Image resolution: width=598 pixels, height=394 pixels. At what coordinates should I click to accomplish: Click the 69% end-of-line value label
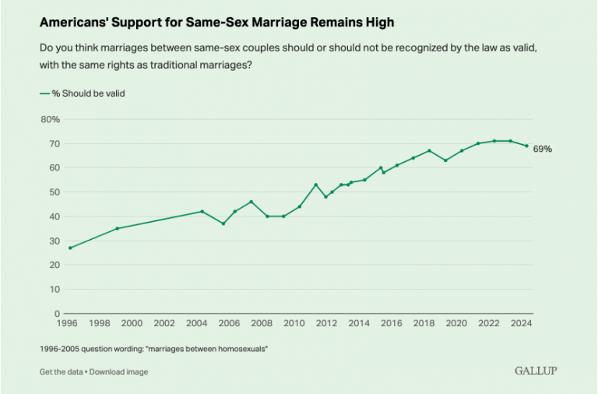click(x=543, y=148)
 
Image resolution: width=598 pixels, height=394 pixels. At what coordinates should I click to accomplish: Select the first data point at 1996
click(x=69, y=248)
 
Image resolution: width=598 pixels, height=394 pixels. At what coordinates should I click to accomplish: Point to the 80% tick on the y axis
click(x=50, y=119)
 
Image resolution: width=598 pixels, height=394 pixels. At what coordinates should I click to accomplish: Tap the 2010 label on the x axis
click(x=294, y=323)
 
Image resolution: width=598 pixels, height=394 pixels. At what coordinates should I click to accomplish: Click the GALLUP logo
click(x=536, y=371)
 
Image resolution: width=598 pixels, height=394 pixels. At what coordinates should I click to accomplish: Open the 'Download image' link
click(x=118, y=371)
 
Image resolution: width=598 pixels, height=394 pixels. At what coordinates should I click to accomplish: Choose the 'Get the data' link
click(x=62, y=371)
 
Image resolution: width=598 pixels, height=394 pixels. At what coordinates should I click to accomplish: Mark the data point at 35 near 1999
click(x=117, y=228)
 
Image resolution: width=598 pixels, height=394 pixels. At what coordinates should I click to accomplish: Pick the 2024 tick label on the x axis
click(x=521, y=323)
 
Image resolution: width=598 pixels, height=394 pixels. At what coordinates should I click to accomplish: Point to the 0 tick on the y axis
click(x=57, y=313)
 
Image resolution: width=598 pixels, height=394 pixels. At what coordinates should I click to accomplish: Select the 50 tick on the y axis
click(x=54, y=192)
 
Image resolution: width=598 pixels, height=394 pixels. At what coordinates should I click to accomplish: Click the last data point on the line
click(x=526, y=146)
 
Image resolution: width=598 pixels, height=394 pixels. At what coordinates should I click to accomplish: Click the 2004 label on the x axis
click(x=197, y=323)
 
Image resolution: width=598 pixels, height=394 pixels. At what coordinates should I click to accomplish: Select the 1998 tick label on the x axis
click(x=100, y=323)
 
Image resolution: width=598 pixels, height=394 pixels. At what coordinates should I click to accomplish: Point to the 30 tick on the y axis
click(x=54, y=241)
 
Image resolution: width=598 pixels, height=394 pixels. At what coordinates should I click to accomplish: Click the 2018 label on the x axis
click(x=424, y=323)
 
